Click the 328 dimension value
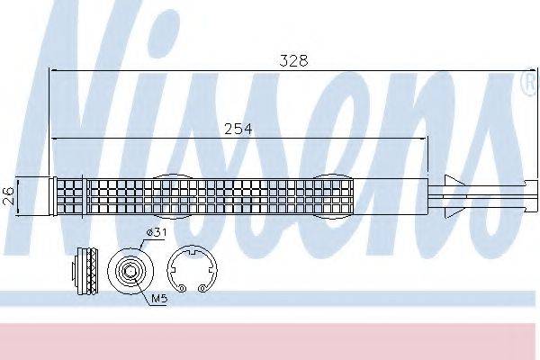click(x=293, y=60)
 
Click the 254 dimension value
click(x=238, y=130)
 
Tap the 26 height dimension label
click(x=7, y=195)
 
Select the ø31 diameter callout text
click(x=157, y=233)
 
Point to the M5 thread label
click(x=159, y=298)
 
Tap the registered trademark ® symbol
click(x=530, y=83)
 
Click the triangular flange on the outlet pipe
click(x=452, y=196)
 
